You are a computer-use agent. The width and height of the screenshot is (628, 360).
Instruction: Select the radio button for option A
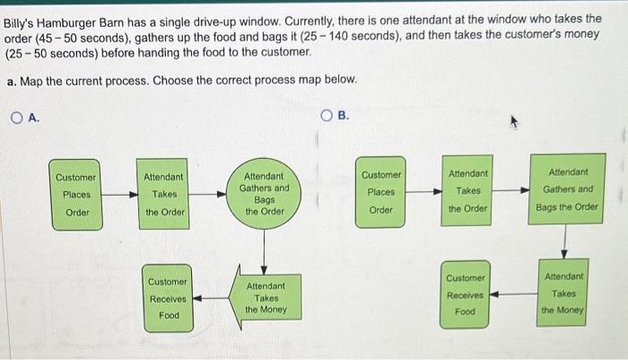(x=17, y=118)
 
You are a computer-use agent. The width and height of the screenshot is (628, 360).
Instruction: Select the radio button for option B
(x=327, y=116)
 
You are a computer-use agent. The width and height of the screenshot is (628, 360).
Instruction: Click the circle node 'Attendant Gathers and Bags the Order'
(x=264, y=194)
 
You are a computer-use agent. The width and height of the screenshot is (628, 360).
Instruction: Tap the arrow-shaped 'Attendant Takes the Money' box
(x=266, y=297)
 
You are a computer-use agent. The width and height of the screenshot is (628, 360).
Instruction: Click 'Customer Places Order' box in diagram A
(x=75, y=195)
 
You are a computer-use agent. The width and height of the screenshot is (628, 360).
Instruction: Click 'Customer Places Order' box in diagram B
(x=380, y=192)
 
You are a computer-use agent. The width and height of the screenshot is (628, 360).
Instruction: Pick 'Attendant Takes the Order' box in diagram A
(x=163, y=194)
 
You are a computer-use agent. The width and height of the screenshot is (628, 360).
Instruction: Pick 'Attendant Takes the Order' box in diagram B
(x=467, y=191)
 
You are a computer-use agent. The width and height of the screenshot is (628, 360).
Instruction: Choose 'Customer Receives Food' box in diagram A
(x=168, y=298)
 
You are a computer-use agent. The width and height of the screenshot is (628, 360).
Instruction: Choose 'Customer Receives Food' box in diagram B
(x=465, y=294)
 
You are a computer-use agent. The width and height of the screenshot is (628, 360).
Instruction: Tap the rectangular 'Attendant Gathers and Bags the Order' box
(x=567, y=189)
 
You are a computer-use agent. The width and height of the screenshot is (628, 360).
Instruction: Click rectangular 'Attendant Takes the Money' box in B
(x=563, y=293)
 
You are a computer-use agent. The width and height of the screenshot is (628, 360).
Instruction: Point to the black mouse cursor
(x=514, y=122)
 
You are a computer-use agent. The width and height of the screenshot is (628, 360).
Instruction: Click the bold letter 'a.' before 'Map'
(x=12, y=82)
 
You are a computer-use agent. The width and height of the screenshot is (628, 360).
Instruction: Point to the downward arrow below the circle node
(x=264, y=251)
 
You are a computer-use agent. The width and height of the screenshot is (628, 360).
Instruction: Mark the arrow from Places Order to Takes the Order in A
(x=119, y=195)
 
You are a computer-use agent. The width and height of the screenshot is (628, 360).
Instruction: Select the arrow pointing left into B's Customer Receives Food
(x=513, y=294)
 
